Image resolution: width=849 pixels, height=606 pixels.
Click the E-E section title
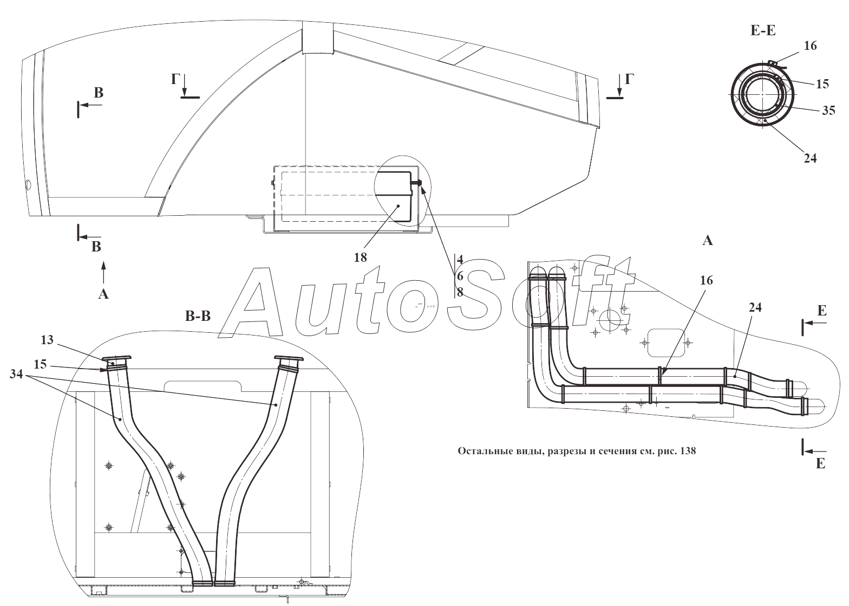tap(763, 31)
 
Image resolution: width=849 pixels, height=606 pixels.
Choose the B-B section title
tap(198, 316)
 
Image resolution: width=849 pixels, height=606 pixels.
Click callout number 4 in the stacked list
tap(460, 259)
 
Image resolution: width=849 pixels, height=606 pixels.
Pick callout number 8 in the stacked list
tap(460, 292)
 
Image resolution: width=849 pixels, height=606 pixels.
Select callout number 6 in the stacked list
tap(460, 276)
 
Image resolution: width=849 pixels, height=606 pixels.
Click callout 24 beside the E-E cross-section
tap(810, 158)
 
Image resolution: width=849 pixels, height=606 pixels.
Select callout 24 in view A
tap(755, 307)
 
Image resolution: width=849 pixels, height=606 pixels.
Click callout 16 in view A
tap(706, 280)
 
